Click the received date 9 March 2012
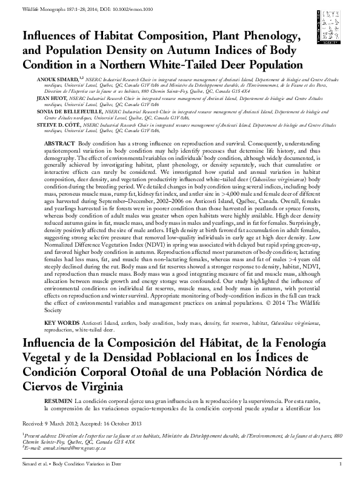tap(60, 422)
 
